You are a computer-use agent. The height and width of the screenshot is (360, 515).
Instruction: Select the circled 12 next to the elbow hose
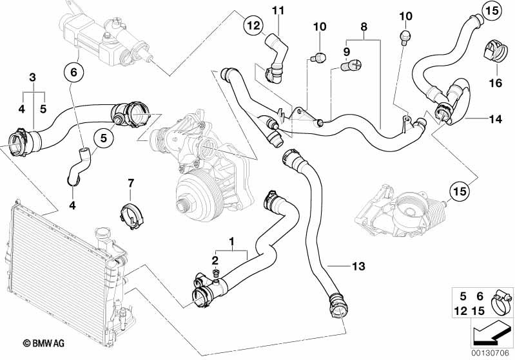coord(253,26)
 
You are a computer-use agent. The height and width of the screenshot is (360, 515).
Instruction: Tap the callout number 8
coord(364,28)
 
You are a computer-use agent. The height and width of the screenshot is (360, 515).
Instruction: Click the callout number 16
coord(496,82)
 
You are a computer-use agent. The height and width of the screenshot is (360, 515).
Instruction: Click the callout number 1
coord(229,244)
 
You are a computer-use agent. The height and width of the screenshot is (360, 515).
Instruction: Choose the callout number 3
coord(32,78)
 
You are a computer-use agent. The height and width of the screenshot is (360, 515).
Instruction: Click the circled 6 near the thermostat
coord(73,73)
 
